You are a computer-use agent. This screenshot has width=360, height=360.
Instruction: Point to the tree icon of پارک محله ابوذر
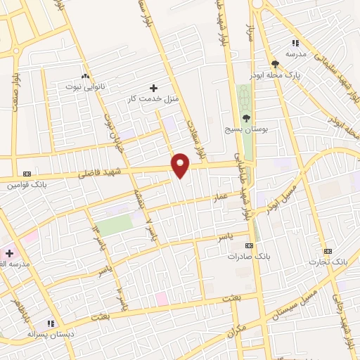(x=274, y=64)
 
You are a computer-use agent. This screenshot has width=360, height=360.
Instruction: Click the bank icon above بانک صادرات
(x=247, y=245)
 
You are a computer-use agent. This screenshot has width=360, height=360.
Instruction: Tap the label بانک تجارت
(x=328, y=262)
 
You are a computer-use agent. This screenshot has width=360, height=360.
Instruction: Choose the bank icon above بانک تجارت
(x=327, y=251)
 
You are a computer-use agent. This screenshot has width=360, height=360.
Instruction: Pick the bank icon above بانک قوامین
(x=27, y=174)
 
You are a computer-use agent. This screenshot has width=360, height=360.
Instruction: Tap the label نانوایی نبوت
(x=85, y=86)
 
